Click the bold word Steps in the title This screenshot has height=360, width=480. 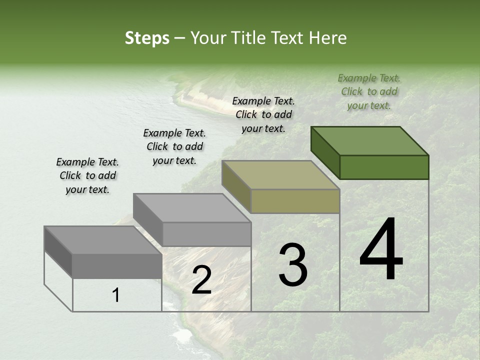point(147,38)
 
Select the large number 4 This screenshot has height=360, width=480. point(381,250)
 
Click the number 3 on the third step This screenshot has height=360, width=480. point(293,265)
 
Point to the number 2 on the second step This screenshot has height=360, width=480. point(201,280)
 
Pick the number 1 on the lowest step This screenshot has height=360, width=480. point(116,295)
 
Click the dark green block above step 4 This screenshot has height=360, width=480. point(384,167)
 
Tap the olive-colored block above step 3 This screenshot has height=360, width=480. point(295,201)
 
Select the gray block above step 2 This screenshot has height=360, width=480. point(206,234)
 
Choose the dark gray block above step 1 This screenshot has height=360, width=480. point(117,266)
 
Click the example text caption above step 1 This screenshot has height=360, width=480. point(87,175)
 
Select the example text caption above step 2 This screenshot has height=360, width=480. point(174,146)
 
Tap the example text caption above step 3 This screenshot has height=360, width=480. point(263,114)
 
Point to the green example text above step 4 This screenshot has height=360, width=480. point(369,91)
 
